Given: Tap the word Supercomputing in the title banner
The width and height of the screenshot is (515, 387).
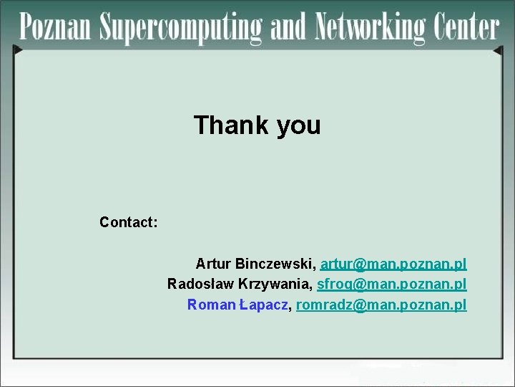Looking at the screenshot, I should [182, 29].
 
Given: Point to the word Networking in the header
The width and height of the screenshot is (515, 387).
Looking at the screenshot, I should [373, 29].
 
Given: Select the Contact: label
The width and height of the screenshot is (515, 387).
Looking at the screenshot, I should [129, 222].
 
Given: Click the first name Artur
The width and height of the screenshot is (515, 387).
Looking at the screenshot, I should [212, 264].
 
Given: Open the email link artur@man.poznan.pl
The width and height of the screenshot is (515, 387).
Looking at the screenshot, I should [393, 264].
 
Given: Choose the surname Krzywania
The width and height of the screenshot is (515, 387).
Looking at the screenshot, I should [272, 285].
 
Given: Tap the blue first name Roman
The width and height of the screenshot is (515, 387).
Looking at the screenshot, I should [211, 305].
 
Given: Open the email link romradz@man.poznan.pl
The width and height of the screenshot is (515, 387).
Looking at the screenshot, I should [381, 305].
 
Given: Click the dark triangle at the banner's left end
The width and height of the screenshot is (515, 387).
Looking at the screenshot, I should [18, 49].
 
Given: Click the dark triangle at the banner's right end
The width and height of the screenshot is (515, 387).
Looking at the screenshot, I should [499, 51].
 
